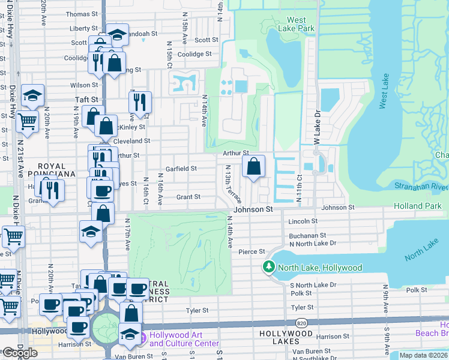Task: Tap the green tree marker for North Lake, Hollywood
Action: click(x=270, y=267)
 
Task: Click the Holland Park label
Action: click(x=421, y=206)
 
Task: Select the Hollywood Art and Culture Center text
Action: click(x=184, y=339)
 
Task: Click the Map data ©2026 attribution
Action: click(x=423, y=355)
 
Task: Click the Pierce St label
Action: click(x=252, y=252)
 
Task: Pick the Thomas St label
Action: click(x=81, y=14)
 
